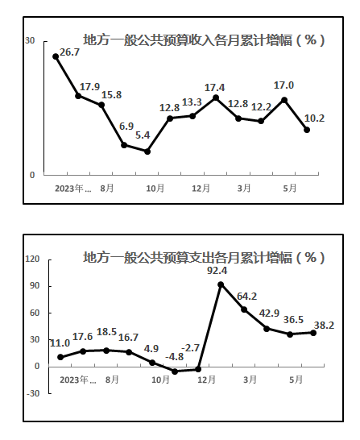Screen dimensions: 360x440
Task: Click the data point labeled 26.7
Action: pyautogui.click(x=56, y=56)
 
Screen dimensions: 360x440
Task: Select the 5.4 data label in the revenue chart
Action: pyautogui.click(x=143, y=135)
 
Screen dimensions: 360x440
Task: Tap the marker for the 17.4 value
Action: pyautogui.click(x=216, y=98)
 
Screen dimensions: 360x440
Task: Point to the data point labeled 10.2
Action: pyautogui.click(x=307, y=130)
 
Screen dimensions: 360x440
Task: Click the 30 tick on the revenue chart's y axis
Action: pyautogui.click(x=30, y=40)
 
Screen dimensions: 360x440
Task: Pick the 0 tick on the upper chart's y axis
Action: pyautogui.click(x=32, y=175)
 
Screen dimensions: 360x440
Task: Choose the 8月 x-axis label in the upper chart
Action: pyautogui.click(x=107, y=189)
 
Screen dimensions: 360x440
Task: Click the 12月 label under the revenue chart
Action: pyautogui.click(x=201, y=189)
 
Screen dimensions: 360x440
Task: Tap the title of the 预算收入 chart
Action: pyautogui.click(x=204, y=39)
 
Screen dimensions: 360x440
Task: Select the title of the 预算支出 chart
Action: pyautogui.click(x=204, y=257)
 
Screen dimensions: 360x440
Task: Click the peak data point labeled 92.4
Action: pyautogui.click(x=221, y=284)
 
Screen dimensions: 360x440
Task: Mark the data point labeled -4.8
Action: pyautogui.click(x=175, y=372)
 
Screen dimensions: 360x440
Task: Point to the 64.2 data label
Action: pyautogui.click(x=246, y=297)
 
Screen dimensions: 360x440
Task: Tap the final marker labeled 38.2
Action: pyautogui.click(x=313, y=333)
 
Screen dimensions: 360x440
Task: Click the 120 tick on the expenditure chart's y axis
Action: pyautogui.click(x=32, y=259)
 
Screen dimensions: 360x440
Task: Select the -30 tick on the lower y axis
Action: pyautogui.click(x=33, y=393)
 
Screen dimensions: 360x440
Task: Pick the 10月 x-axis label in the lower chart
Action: pyautogui.click(x=160, y=380)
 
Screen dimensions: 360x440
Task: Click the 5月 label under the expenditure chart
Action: pyautogui.click(x=296, y=380)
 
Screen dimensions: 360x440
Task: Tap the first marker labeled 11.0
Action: pyautogui.click(x=60, y=357)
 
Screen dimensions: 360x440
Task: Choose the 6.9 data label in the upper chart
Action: pyautogui.click(x=126, y=127)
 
